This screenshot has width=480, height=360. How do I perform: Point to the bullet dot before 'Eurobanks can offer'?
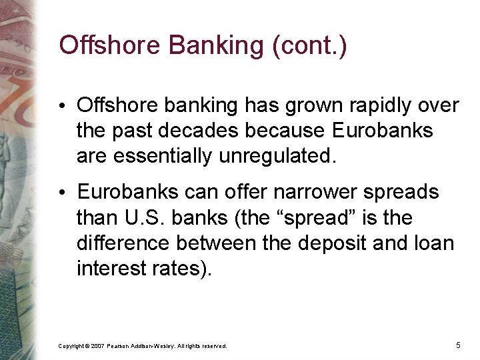click(x=69, y=193)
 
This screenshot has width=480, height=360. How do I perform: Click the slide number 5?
click(x=458, y=345)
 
